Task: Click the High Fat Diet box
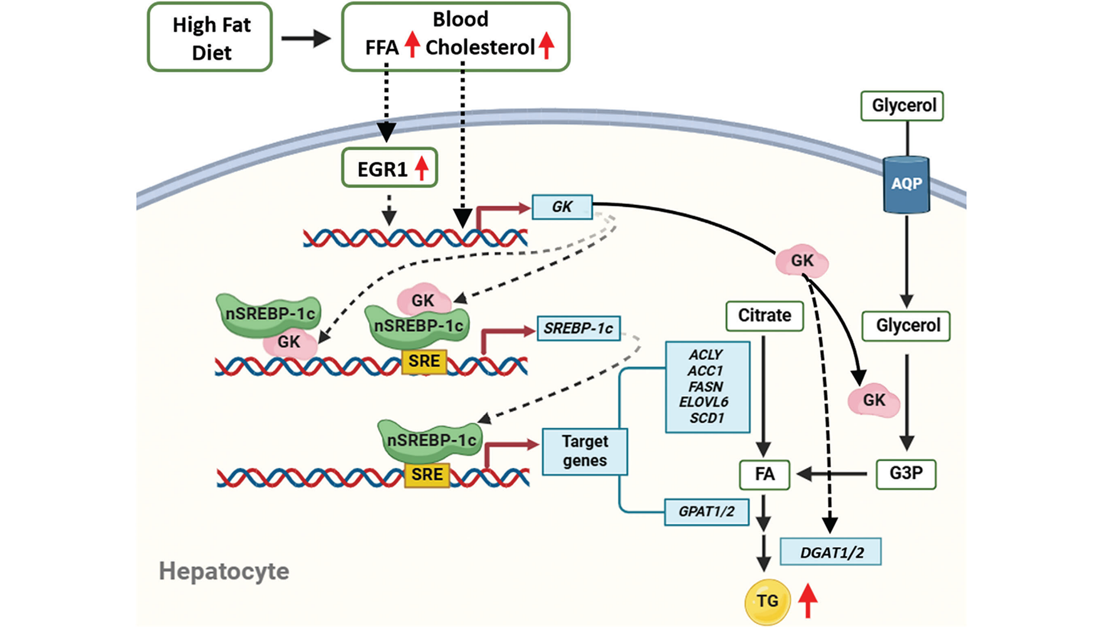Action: tap(210, 38)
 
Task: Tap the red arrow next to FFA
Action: tap(412, 45)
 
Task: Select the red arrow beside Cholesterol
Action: tap(546, 45)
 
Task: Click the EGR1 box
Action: tap(389, 169)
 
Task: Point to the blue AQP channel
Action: tap(906, 184)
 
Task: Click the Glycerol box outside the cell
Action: tap(903, 105)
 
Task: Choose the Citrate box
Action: tap(765, 315)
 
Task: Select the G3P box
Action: tap(906, 474)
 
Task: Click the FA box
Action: tap(765, 475)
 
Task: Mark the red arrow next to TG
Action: tap(808, 601)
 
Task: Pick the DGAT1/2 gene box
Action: tap(831, 552)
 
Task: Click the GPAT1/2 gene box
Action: tap(706, 512)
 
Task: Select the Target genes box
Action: tap(585, 451)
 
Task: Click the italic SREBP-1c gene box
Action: tap(578, 328)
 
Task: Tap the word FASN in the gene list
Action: tap(706, 387)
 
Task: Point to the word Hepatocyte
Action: tap(224, 571)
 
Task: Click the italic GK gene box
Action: tap(562, 207)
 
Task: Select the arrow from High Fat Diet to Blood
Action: tap(306, 39)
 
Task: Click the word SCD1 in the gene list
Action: tap(707, 418)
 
